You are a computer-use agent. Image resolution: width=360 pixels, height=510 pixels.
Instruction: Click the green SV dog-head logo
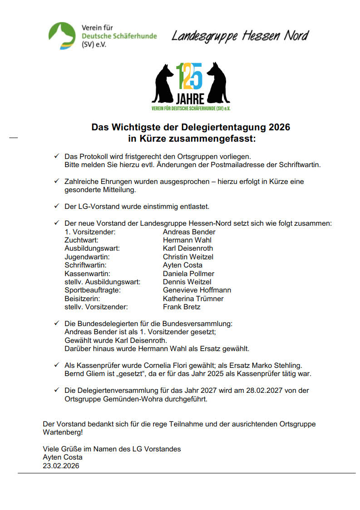(x=62, y=35)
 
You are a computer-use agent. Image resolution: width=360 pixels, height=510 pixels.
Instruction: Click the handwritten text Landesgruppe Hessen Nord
(x=240, y=36)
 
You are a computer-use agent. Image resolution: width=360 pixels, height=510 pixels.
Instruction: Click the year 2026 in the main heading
(x=279, y=127)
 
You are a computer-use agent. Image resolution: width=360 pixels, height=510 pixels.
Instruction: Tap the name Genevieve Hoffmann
(x=197, y=290)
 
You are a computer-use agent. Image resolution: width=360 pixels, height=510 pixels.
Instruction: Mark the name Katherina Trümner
(x=193, y=299)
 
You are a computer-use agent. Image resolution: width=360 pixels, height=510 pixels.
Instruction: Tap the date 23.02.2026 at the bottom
(x=61, y=465)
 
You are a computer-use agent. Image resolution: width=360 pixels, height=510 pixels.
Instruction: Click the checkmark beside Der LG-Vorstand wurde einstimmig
(x=57, y=206)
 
